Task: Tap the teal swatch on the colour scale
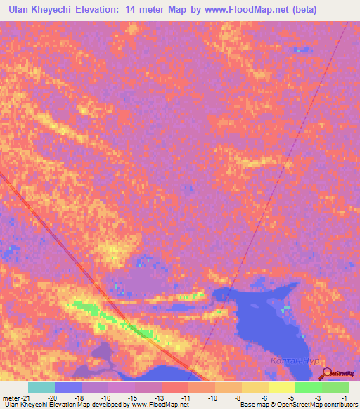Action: point(41,387)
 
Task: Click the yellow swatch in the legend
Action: point(281,387)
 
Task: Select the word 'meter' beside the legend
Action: point(9,398)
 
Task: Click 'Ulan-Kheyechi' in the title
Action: point(42,9)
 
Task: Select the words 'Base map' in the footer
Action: point(252,405)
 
